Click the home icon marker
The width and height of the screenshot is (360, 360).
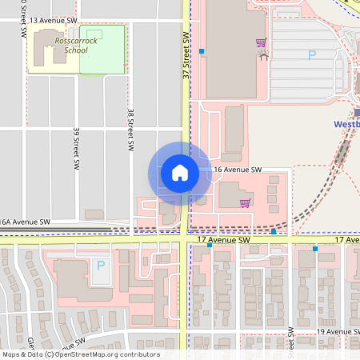pos(179,173)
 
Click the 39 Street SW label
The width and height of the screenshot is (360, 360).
pos(75,141)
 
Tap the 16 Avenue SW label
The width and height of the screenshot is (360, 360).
pos(238,170)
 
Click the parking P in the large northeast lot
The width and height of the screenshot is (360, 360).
pos(312,54)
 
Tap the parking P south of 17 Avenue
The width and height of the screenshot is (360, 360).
pos(100,265)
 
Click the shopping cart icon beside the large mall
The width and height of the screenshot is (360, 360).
pos(261,42)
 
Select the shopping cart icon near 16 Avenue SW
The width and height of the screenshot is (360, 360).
pos(245,202)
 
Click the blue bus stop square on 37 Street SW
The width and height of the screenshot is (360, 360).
pos(202,51)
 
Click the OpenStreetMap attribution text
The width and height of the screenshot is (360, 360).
pos(80,354)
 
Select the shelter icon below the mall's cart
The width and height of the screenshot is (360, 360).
pos(263,55)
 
